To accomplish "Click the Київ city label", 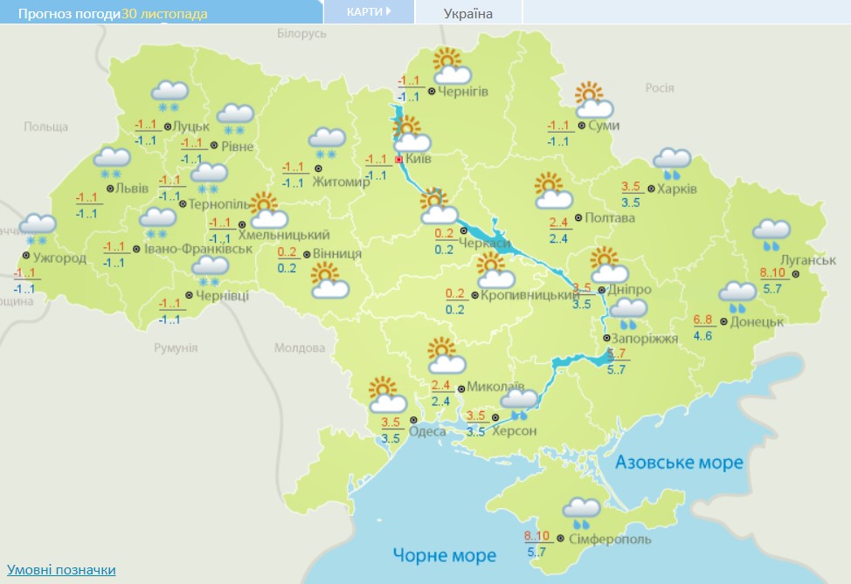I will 419,160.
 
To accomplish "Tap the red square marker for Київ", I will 398,160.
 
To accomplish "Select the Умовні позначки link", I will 61,570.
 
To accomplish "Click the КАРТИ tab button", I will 368,12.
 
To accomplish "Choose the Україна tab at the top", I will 468,13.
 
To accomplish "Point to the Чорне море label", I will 444,554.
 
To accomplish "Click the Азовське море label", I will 678,462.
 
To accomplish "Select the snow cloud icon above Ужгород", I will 38,229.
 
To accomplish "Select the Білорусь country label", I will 301,32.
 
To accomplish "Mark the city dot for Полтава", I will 578,218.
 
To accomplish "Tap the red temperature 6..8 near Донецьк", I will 703,319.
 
